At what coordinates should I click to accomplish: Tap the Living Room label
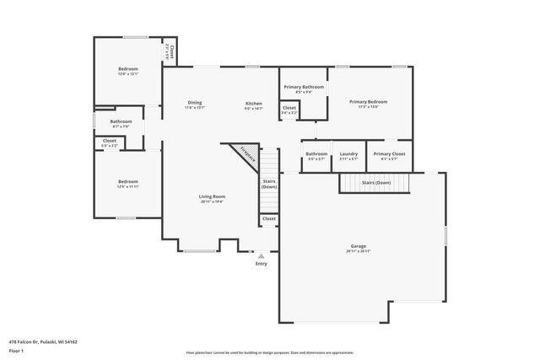coord(212,196)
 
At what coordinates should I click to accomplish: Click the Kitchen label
coord(254,103)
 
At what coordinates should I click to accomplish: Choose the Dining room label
coord(194,103)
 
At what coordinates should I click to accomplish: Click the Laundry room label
coord(348,153)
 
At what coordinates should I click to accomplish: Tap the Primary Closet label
coord(389,153)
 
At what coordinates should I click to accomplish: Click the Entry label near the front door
coord(261,264)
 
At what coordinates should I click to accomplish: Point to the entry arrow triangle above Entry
coord(261,255)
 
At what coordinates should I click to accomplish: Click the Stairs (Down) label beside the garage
coord(375,182)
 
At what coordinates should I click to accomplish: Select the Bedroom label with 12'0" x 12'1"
coord(128,69)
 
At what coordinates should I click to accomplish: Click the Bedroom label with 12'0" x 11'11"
coord(127,181)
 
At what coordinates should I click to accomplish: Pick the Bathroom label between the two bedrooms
coord(121,121)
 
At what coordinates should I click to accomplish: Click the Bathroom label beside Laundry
coord(316,153)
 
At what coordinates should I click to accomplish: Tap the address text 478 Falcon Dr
coord(42,341)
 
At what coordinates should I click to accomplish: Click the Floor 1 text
coord(16,350)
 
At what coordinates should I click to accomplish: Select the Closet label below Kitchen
coord(289,108)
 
